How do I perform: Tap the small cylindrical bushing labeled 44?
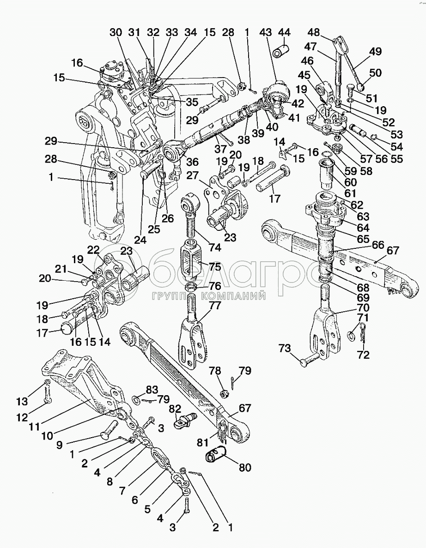pos(281,50)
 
